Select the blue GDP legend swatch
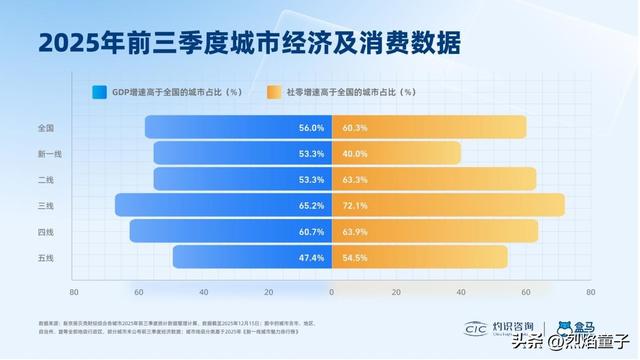(x=99, y=92)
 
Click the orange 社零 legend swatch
(x=274, y=92)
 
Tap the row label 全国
(x=46, y=128)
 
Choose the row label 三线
(x=46, y=205)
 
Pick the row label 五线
(x=46, y=257)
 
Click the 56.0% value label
(x=311, y=128)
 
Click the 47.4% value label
(x=311, y=258)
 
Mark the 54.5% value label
(x=355, y=258)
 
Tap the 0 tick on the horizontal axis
(x=332, y=293)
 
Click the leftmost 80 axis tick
(x=73, y=293)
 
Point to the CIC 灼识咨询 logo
(x=501, y=328)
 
